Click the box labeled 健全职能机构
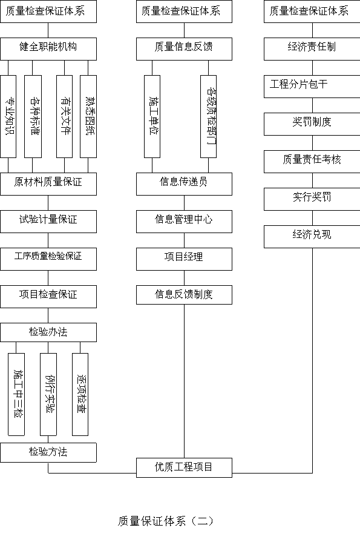coord(48,49)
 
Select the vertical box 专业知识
coord(8,116)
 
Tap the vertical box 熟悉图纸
coord(88,116)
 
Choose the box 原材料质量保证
coord(48,184)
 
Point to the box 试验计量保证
coord(48,222)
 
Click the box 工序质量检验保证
coord(48,259)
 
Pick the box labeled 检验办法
coord(48,332)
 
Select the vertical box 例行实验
coord(48,394)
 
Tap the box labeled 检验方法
coord(48,452)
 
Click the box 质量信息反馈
coord(184,49)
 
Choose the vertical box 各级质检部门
coord(209,116)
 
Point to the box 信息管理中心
coord(184,222)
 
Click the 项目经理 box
coord(184,259)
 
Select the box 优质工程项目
coord(184,467)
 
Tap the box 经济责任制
coord(312,49)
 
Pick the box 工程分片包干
coord(312,87)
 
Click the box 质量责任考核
coord(312,162)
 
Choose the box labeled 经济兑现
coord(312,237)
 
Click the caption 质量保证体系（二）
coord(166,521)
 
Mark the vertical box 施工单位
coord(152,116)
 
